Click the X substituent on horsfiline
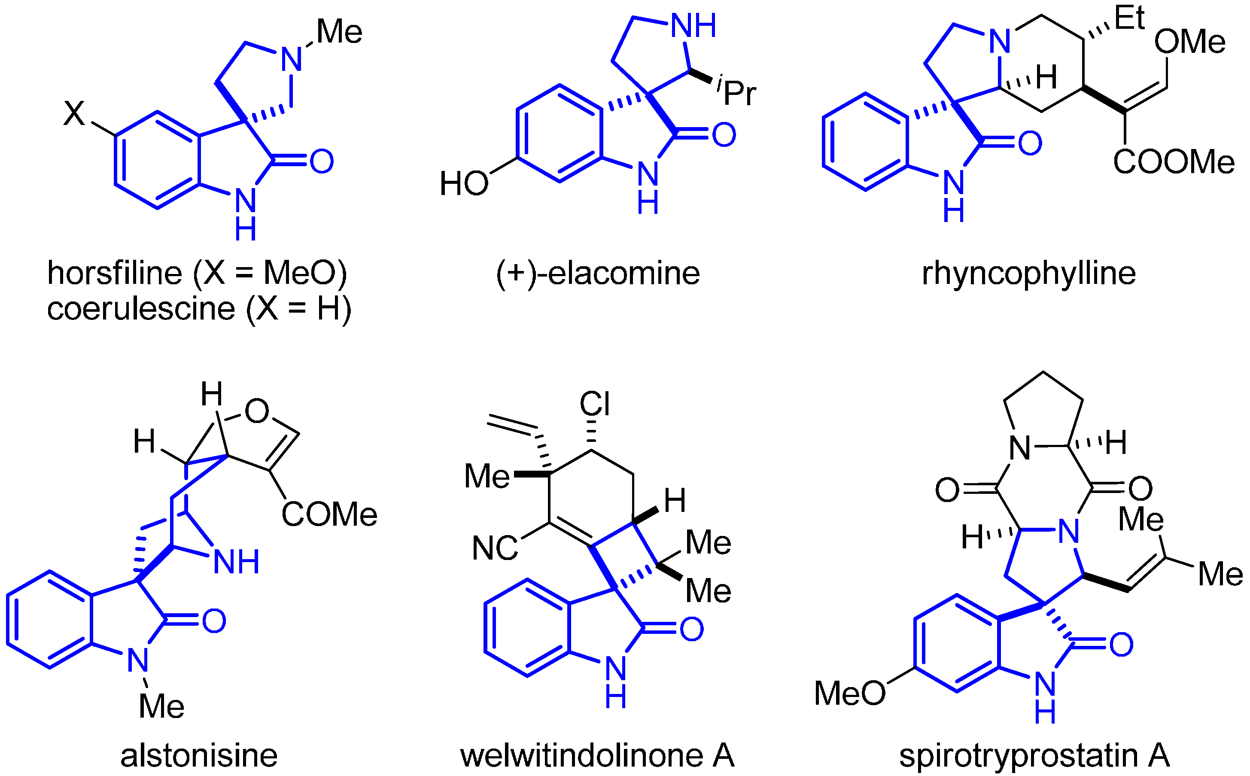[74, 113]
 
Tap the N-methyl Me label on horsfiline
[339, 32]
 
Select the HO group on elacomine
[463, 184]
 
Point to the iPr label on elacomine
[738, 91]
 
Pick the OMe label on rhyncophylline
[1189, 42]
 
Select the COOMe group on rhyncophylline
[1173, 162]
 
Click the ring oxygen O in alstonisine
[256, 411]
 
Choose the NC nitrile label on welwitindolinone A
[494, 548]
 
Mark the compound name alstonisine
[198, 755]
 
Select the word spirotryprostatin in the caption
[1019, 755]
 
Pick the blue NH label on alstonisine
[236, 562]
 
